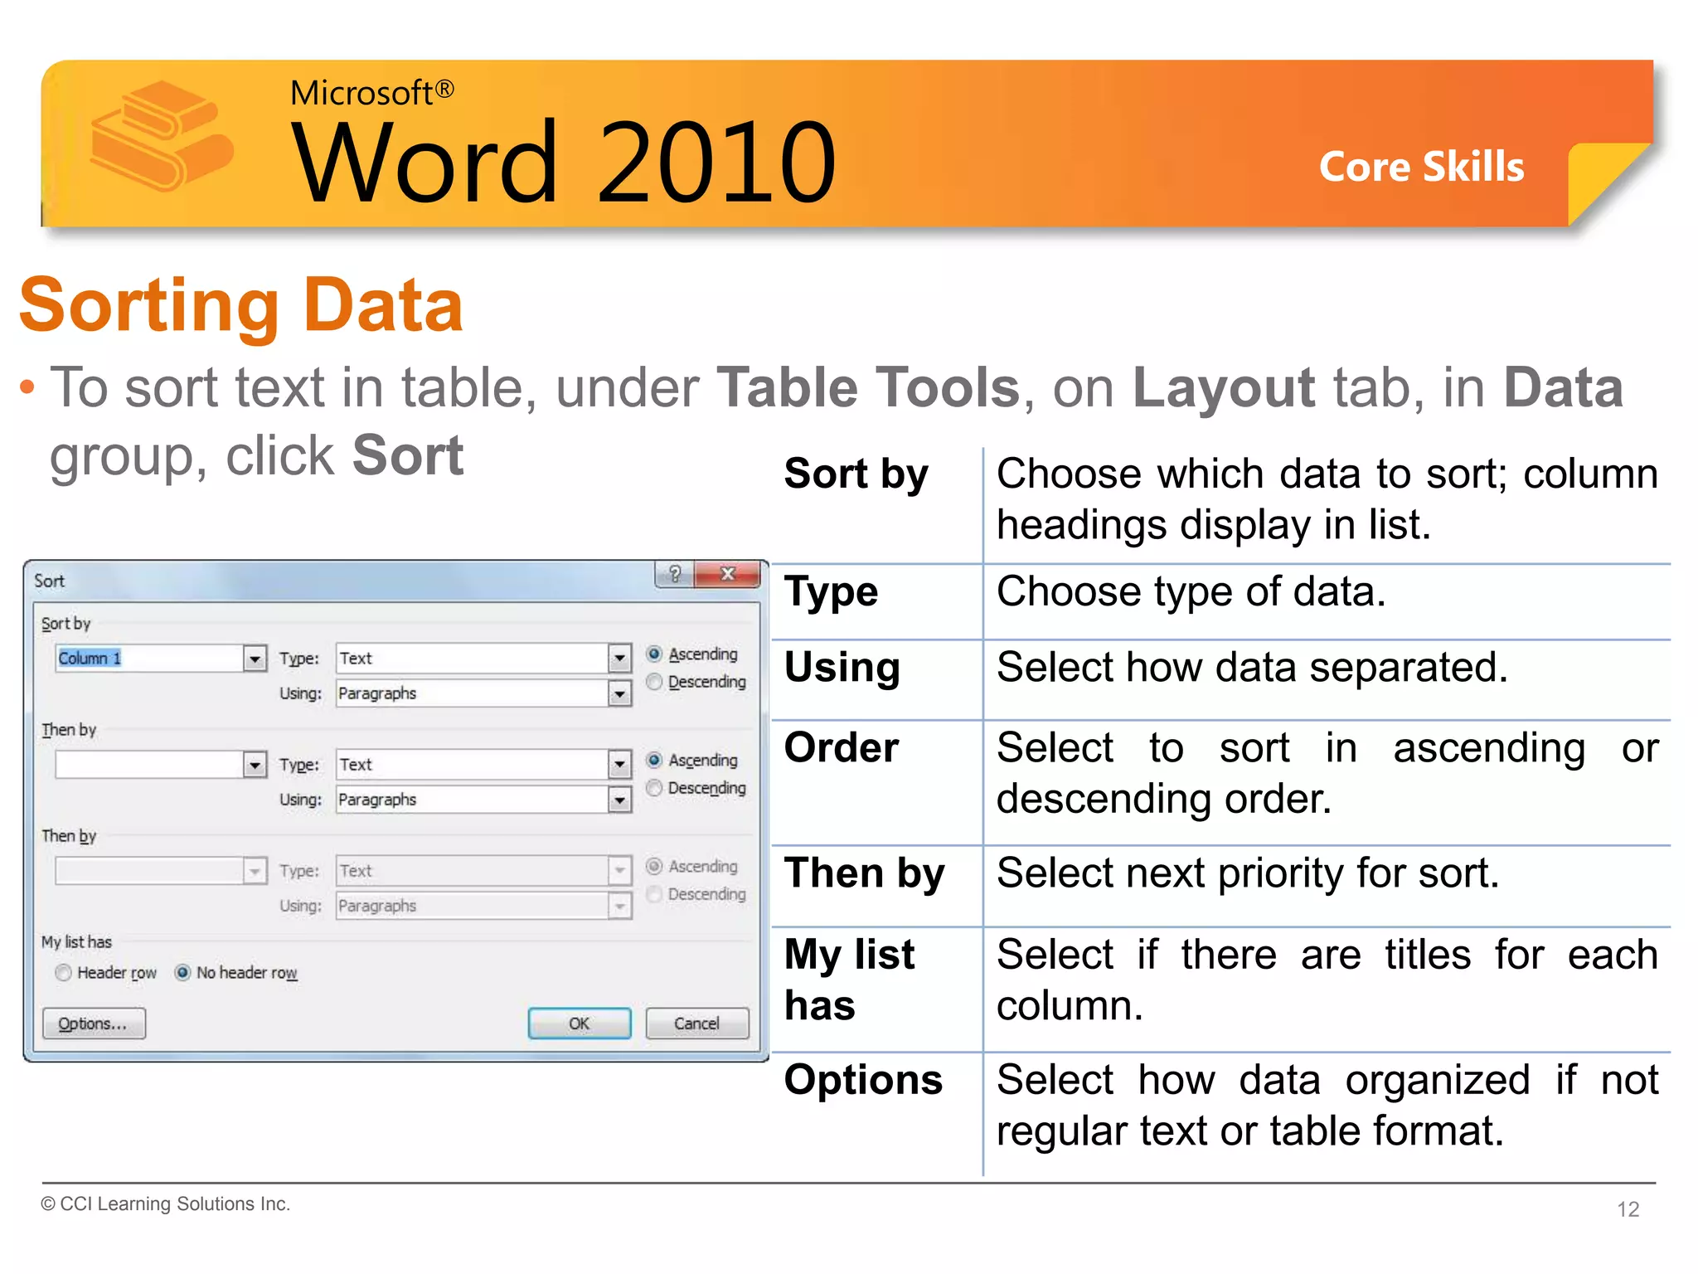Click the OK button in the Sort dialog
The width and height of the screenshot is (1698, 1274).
coord(579,1024)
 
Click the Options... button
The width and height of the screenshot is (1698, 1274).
coord(94,1024)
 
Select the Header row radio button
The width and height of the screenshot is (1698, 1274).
coord(64,973)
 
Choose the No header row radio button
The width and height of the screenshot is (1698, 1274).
coord(183,973)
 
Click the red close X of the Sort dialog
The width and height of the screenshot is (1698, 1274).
coord(728,574)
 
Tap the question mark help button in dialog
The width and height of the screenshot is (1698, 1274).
coord(675,574)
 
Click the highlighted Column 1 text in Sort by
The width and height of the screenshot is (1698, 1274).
coord(90,659)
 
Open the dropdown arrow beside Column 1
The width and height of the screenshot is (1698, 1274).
coord(255,659)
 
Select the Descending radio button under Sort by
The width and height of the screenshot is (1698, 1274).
coord(655,682)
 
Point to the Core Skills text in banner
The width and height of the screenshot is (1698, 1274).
coord(1421,167)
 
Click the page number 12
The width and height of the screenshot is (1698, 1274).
coord(1628,1209)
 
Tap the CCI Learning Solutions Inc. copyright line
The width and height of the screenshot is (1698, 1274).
coord(166,1203)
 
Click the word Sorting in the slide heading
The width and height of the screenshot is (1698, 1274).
coord(149,307)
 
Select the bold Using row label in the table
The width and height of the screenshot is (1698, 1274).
coord(842,668)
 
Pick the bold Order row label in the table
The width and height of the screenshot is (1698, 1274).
coord(842,748)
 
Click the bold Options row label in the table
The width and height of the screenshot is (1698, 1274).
coord(863,1080)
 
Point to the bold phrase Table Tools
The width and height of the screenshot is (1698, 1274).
coord(868,387)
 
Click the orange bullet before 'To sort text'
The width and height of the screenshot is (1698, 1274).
coord(27,387)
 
